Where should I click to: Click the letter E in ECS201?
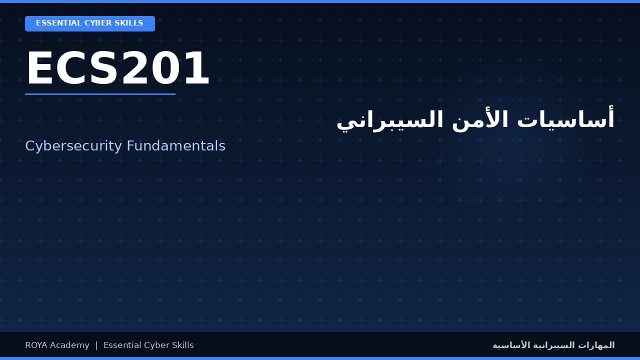click(x=39, y=69)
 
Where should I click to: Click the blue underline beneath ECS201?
click(x=100, y=94)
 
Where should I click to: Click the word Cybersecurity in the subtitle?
click(x=73, y=146)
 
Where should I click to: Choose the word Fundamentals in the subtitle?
click(x=176, y=146)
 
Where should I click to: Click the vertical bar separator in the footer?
click(x=96, y=345)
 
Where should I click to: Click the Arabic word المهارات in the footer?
click(x=598, y=345)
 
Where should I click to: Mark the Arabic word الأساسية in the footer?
click(x=510, y=345)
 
